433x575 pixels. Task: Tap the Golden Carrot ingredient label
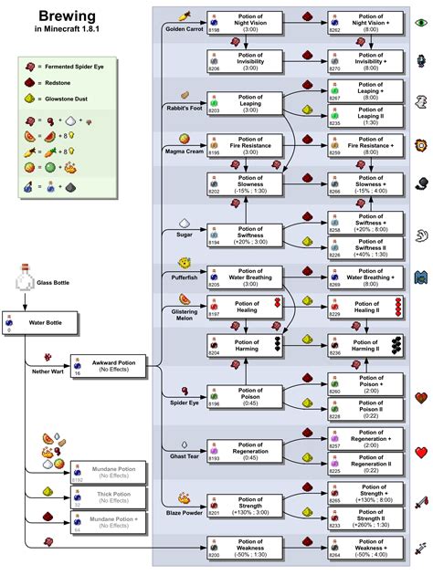(184, 28)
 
